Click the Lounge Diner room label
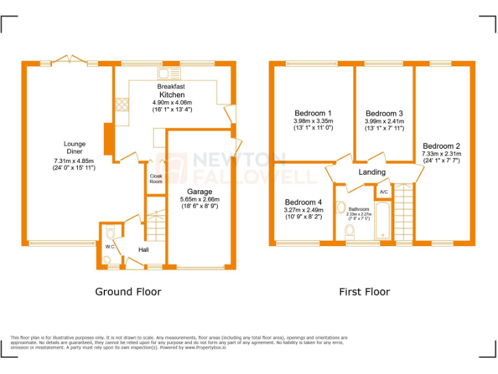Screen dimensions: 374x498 click(75, 148)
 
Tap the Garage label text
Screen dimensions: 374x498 click(200, 192)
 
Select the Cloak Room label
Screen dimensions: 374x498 click(156, 179)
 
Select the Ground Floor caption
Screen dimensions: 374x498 click(128, 292)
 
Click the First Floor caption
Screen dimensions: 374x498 click(364, 292)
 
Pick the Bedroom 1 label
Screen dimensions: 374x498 click(313, 113)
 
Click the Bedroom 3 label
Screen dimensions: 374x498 click(385, 113)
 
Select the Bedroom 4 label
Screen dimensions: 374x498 click(303, 202)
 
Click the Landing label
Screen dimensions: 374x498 click(372, 172)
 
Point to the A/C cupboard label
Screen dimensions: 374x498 click(383, 192)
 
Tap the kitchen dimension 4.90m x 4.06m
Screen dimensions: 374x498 click(172, 103)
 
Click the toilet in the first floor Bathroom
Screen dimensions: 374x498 click(350, 230)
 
